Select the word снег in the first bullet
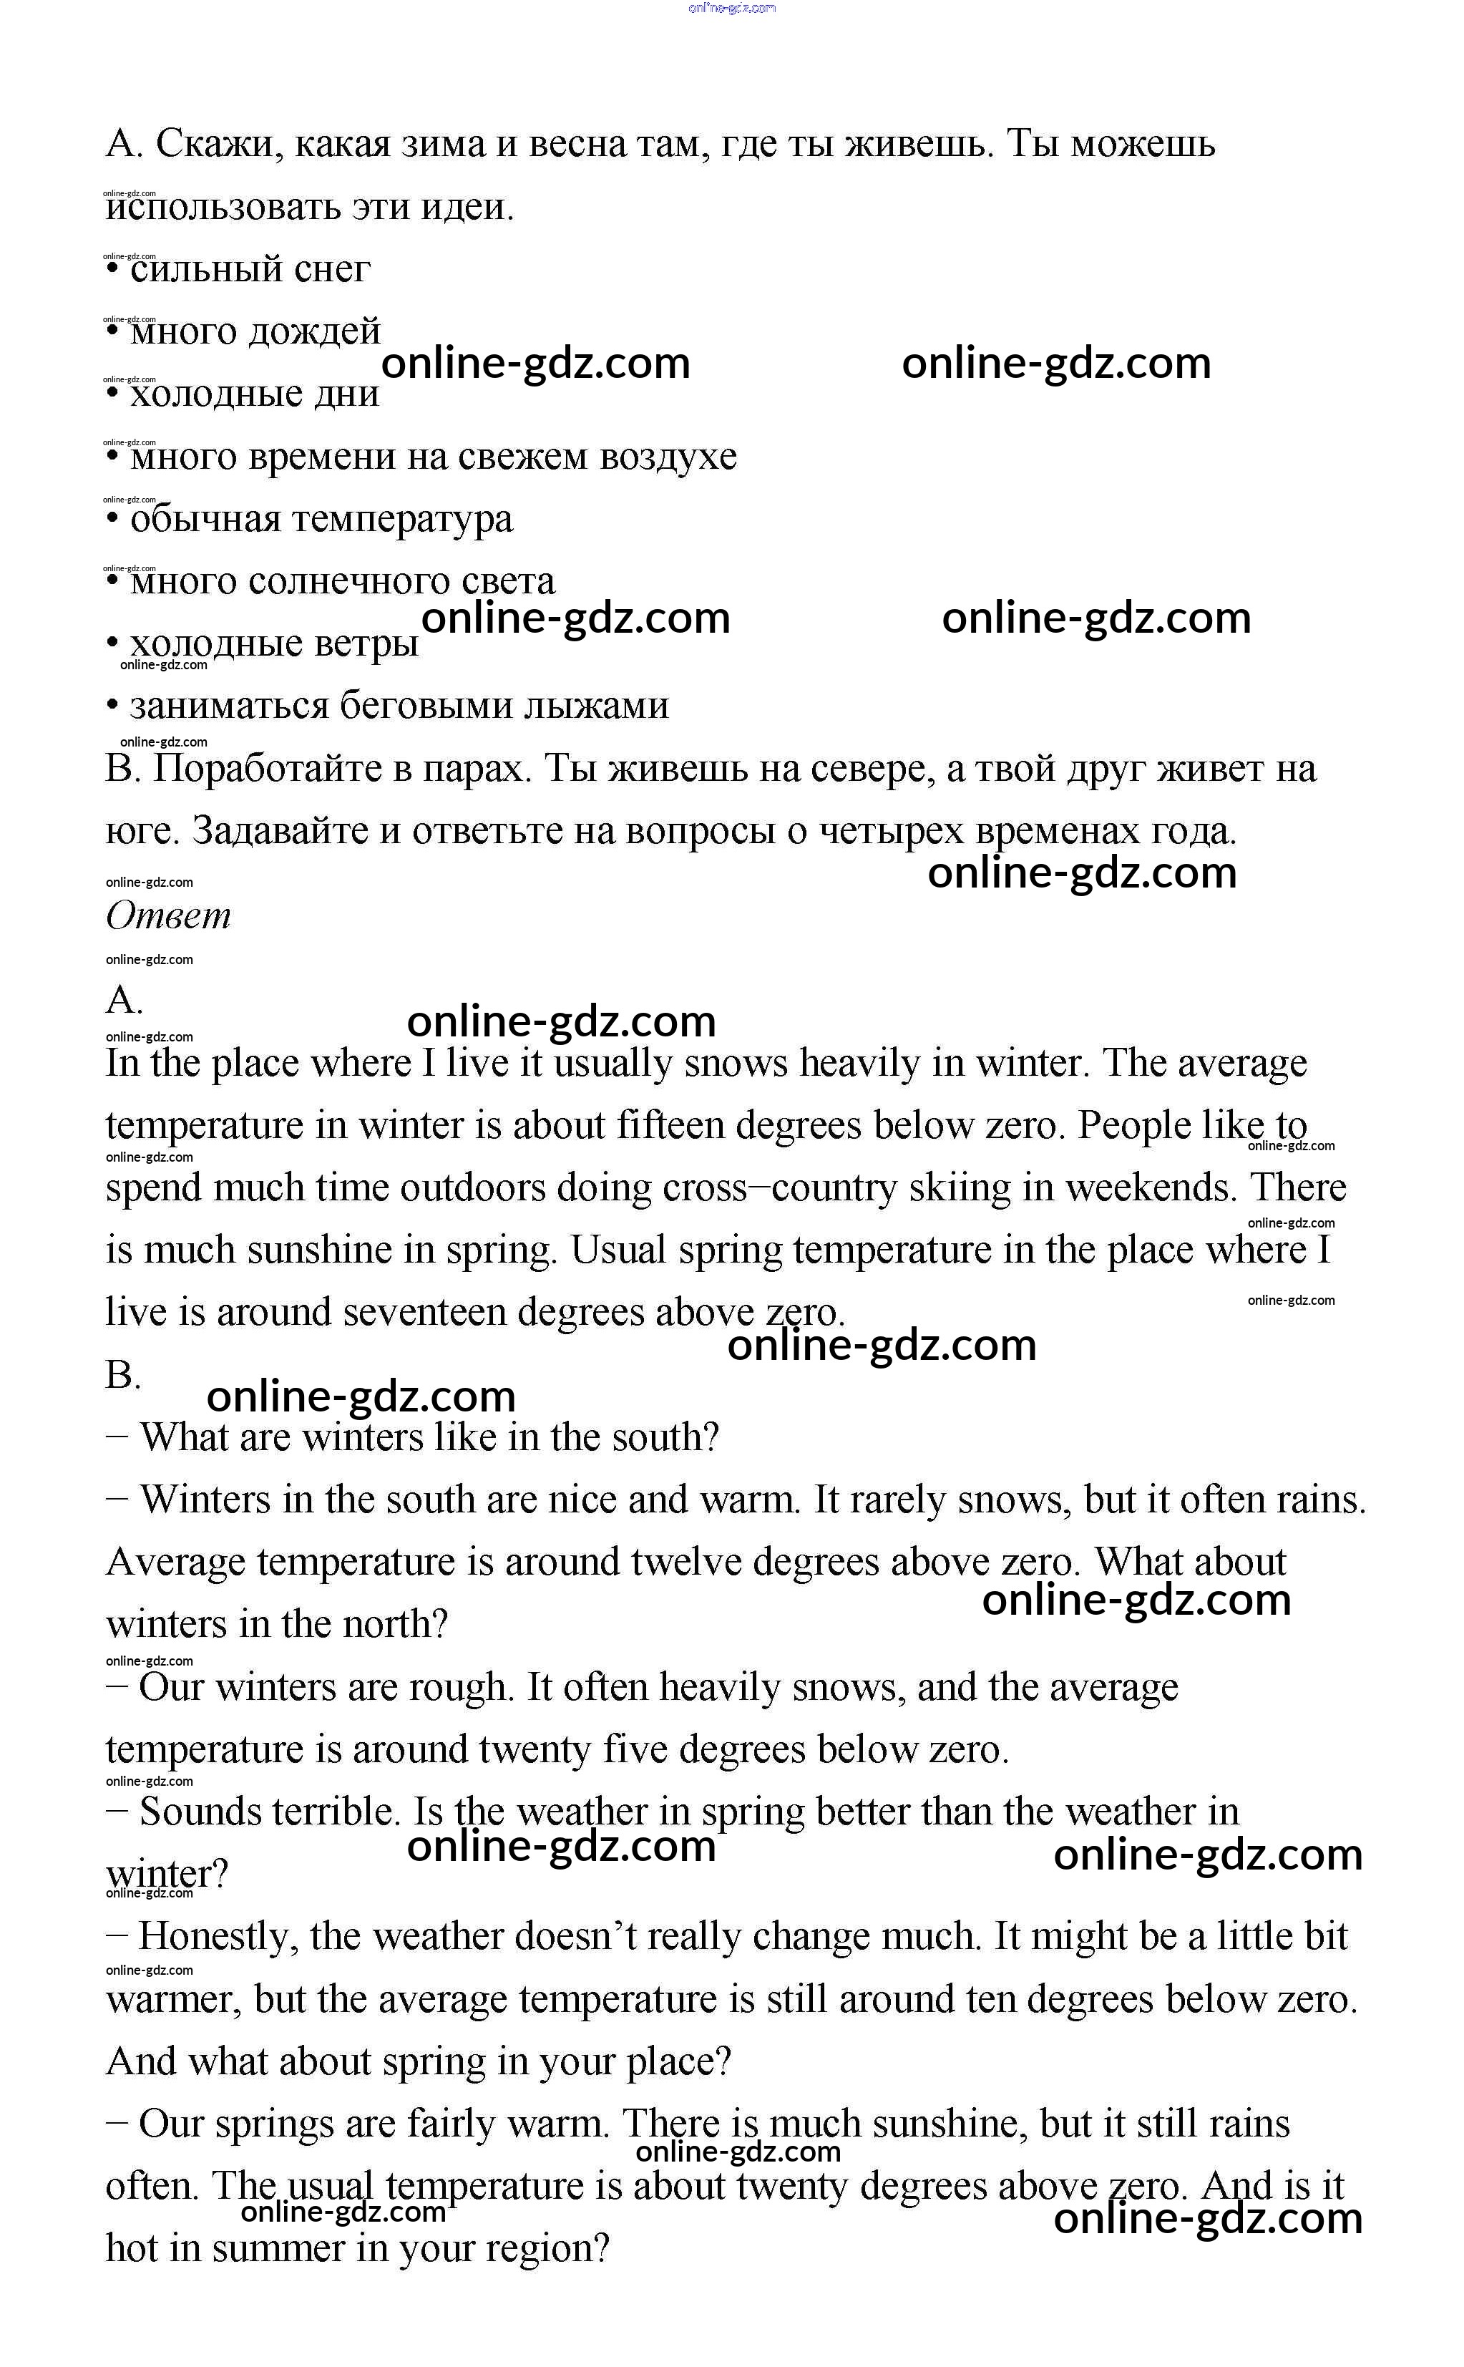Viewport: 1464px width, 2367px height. point(331,269)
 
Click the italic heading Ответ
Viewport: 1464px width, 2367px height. point(167,915)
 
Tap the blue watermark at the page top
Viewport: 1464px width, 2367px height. point(732,9)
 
